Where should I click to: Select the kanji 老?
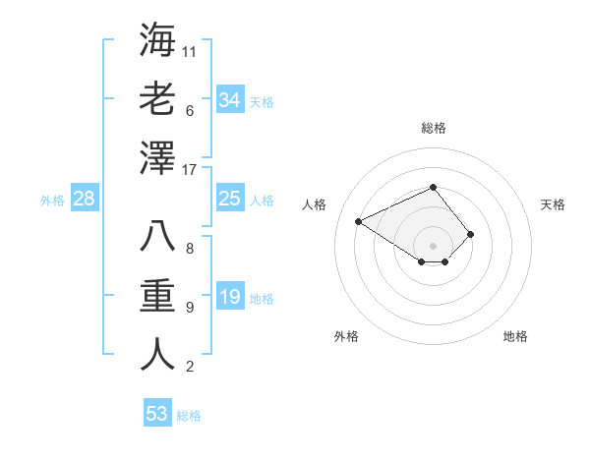157,99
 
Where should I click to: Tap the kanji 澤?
157,157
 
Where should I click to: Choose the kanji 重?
157,296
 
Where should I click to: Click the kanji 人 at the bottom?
157,355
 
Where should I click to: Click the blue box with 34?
230,99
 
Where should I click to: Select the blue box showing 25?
230,200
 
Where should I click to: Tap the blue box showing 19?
230,298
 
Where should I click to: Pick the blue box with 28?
85,200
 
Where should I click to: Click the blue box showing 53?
157,414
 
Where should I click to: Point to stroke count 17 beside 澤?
191,170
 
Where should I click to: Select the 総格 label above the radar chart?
433,128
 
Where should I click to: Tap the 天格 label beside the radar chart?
554,204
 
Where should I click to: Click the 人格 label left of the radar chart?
314,204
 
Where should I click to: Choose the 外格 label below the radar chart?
346,336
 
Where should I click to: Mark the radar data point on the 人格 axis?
359,220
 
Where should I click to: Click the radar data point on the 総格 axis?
433,187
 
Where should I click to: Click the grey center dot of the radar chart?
433,245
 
